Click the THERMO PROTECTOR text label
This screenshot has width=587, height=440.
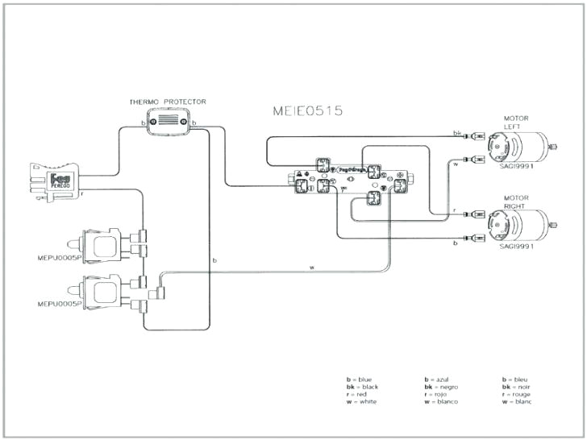[168, 102]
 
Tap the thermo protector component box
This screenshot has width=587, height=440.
[169, 123]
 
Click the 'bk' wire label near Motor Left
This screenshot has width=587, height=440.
[457, 133]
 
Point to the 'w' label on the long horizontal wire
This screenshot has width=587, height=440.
[312, 268]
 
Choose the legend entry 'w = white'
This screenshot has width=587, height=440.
[362, 401]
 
